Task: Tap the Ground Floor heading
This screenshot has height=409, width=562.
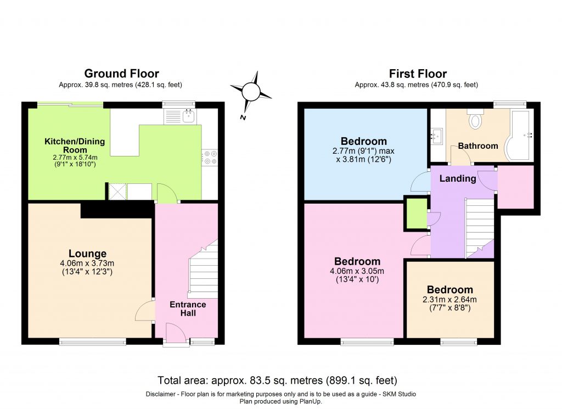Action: pos(121,74)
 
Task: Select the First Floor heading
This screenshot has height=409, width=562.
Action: pos(418,74)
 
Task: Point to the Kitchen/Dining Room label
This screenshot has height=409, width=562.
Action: pos(66,145)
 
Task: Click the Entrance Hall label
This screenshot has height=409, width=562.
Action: pos(188,309)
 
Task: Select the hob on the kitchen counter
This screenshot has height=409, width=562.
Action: pos(210,158)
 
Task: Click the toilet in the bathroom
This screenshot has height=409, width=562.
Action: pos(475,119)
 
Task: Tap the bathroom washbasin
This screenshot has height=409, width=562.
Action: pos(437,135)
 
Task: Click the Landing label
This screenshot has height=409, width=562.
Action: pos(458,178)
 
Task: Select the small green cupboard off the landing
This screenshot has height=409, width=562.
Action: pos(417,213)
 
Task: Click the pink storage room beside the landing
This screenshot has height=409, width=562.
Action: pos(515,186)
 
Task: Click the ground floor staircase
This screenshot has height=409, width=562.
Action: pos(204,272)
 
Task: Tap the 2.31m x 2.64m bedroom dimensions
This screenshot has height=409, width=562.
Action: pos(449,304)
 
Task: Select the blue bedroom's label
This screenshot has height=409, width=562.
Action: pos(363,141)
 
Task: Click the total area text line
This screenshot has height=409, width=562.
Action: pos(277,380)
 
